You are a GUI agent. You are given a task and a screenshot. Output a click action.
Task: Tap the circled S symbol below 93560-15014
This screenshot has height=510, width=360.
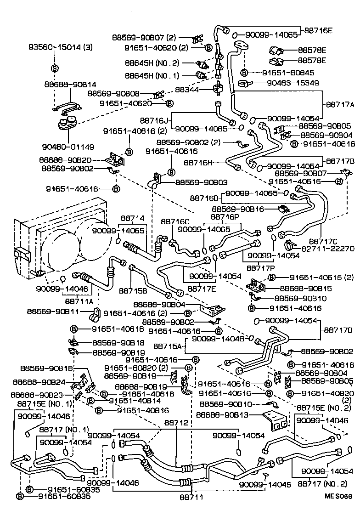coord(54,68)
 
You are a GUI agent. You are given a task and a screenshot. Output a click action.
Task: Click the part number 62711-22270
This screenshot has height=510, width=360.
coord(328,249)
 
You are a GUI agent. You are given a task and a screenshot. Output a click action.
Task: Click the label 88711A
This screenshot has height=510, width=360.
coord(79,302)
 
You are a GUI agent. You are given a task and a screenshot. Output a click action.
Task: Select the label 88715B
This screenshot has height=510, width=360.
coord(133,290)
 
